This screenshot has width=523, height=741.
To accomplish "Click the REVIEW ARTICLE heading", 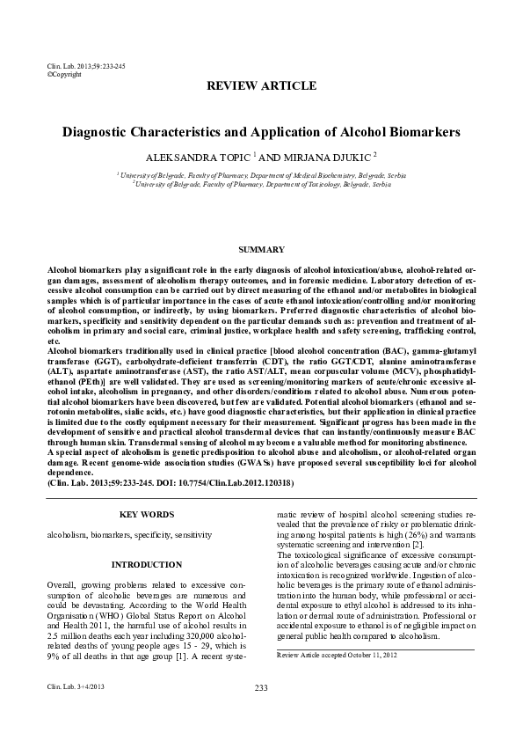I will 260,85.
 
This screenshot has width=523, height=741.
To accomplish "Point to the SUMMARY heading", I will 261,250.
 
